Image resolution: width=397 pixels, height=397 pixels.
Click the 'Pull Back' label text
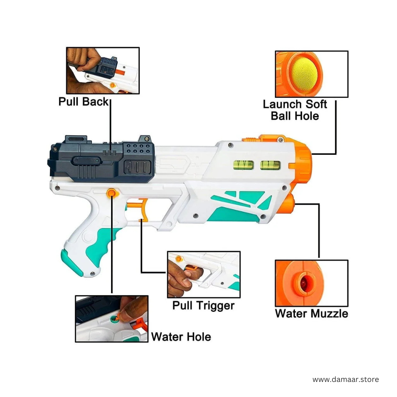pyautogui.click(x=83, y=101)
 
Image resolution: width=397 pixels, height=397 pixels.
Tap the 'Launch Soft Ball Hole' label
pyautogui.click(x=295, y=110)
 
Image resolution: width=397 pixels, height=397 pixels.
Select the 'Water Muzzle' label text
pyautogui.click(x=311, y=314)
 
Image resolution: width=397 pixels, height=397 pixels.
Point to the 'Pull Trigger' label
pyautogui.click(x=203, y=305)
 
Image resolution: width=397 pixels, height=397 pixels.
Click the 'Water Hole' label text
pyautogui.click(x=181, y=337)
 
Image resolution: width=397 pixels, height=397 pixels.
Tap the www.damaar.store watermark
pyautogui.click(x=346, y=379)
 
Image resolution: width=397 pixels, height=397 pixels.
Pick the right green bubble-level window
pyautogui.click(x=270, y=165)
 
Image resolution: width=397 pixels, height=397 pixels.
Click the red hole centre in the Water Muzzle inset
pyautogui.click(x=305, y=282)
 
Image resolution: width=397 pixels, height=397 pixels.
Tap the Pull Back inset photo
pyautogui.click(x=103, y=71)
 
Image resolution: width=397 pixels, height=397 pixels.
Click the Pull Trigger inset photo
pyautogui.click(x=204, y=274)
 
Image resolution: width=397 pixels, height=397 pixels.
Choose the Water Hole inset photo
pyautogui.click(x=112, y=319)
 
